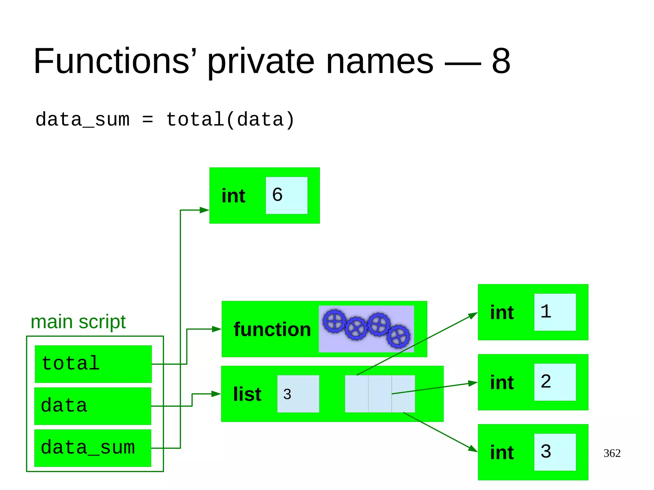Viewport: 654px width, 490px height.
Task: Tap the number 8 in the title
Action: pyautogui.click(x=501, y=61)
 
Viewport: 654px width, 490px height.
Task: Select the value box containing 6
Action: pyautogui.click(x=286, y=195)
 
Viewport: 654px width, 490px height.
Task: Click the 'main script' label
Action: pyautogui.click(x=78, y=322)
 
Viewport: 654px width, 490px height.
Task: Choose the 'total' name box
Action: pyautogui.click(x=93, y=364)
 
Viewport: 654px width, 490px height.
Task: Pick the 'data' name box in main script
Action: pyautogui.click(x=93, y=406)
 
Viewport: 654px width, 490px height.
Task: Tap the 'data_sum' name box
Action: pyautogui.click(x=93, y=448)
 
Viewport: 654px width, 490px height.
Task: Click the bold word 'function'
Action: pyautogui.click(x=272, y=329)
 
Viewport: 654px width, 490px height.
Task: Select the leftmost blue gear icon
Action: pyautogui.click(x=334, y=321)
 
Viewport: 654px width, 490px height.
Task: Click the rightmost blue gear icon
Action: pyautogui.click(x=398, y=336)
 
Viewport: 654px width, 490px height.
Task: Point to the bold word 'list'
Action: pyautogui.click(x=247, y=394)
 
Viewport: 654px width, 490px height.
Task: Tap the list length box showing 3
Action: pyautogui.click(x=298, y=394)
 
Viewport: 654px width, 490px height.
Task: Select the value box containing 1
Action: pyautogui.click(x=555, y=312)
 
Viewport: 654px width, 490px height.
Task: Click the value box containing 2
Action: pyautogui.click(x=555, y=382)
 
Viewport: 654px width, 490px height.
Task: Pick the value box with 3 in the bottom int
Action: pyautogui.click(x=555, y=452)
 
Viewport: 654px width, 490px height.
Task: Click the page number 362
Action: pyautogui.click(x=612, y=453)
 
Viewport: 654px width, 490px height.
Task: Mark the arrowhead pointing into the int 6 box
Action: pyautogui.click(x=204, y=210)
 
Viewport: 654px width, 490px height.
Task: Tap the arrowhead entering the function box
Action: pyautogui.click(x=217, y=329)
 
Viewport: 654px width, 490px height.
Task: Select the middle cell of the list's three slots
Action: pyautogui.click(x=380, y=394)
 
